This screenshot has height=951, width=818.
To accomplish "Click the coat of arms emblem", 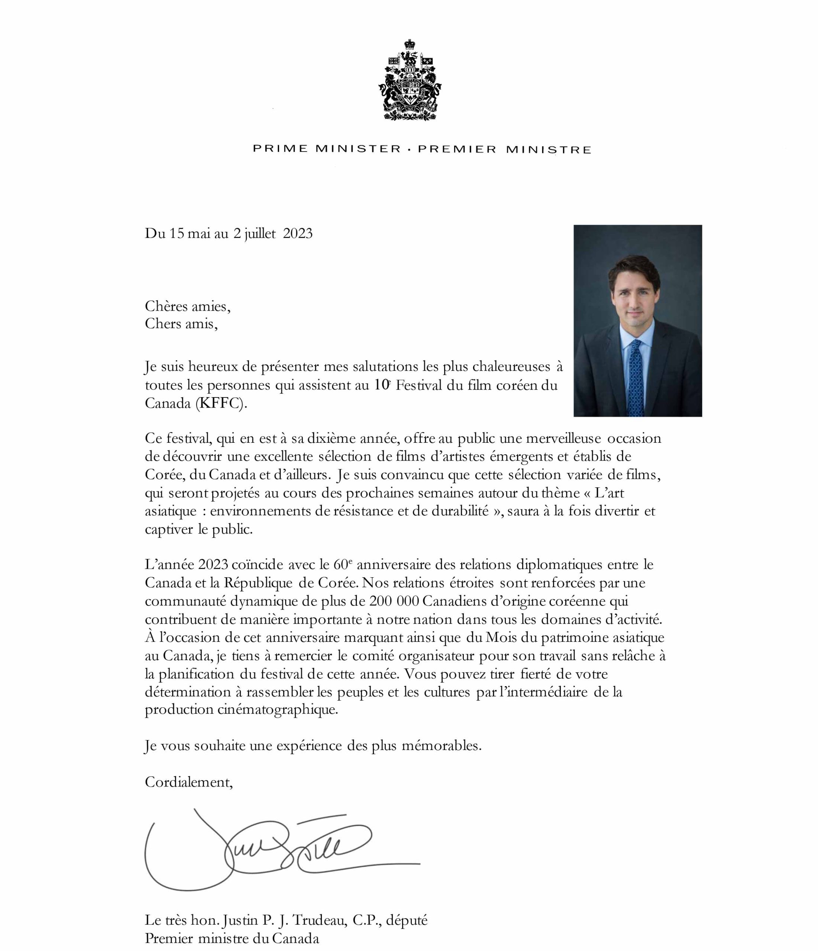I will click(x=410, y=80).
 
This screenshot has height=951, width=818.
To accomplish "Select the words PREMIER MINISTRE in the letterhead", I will click(x=504, y=150).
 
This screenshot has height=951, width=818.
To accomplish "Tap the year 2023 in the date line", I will click(x=298, y=234).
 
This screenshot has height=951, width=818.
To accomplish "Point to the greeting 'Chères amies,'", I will click(x=187, y=306).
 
